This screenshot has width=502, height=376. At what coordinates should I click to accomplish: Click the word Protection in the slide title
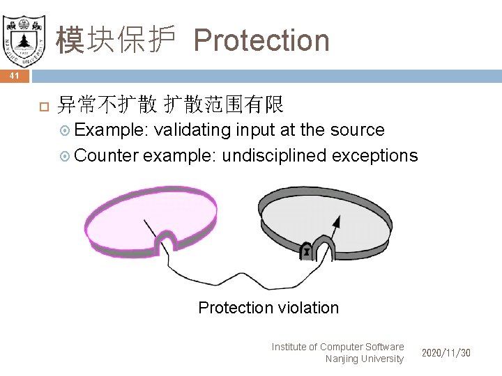261,40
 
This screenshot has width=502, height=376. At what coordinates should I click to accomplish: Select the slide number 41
15,76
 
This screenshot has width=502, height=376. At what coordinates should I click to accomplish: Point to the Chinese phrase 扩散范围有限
223,105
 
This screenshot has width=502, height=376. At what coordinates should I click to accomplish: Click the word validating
192,130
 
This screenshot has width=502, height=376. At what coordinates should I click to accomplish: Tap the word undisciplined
274,155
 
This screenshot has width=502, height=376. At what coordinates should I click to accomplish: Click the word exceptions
375,155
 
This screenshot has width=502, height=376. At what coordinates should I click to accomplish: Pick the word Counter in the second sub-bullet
106,155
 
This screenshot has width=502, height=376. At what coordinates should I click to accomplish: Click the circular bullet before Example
66,131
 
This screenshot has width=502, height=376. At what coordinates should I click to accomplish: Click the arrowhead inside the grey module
337,222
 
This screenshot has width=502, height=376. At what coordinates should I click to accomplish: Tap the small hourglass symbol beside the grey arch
306,251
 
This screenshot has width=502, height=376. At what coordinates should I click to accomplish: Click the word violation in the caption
308,308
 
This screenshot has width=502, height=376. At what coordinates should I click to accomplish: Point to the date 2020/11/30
446,353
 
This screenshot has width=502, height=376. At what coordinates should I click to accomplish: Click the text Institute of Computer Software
337,347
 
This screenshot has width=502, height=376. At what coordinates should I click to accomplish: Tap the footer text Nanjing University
364,359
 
